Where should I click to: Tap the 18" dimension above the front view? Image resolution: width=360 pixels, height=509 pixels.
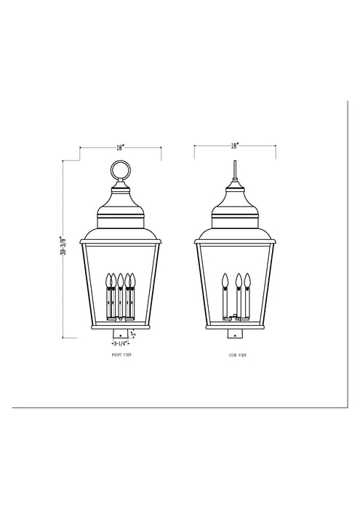click(x=120, y=146)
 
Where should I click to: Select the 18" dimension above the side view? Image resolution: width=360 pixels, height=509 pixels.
click(x=234, y=145)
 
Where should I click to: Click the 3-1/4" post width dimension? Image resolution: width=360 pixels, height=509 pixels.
click(x=121, y=342)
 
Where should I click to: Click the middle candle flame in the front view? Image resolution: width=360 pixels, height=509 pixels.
click(x=120, y=278)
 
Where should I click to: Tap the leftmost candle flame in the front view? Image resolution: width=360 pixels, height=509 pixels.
click(x=111, y=278)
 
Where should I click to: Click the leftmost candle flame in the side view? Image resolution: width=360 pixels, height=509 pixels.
click(x=225, y=278)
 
